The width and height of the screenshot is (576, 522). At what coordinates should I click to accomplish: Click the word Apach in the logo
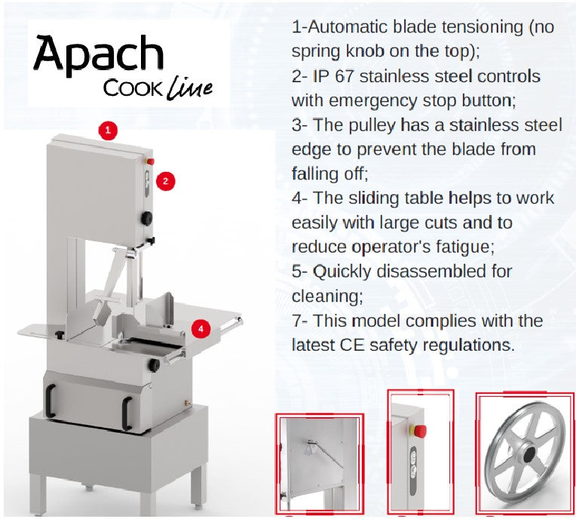point(98,54)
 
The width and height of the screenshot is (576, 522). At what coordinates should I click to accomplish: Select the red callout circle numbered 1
point(108,130)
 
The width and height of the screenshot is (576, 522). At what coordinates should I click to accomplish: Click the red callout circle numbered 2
point(165,180)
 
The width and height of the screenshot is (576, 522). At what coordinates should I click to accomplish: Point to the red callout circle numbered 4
point(201,328)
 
